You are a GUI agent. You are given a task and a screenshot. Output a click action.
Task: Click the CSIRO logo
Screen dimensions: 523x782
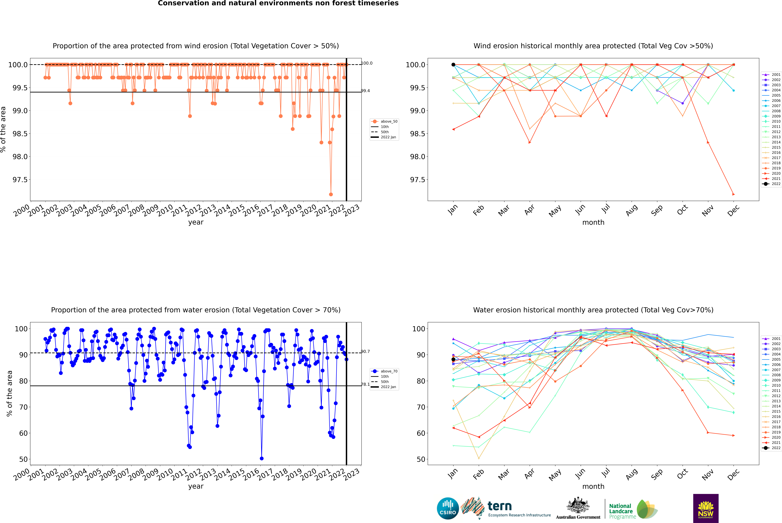[448, 508]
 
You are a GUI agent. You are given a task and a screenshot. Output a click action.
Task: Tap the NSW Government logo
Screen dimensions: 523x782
[706, 508]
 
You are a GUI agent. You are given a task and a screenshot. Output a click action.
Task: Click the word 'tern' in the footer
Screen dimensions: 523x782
[499, 506]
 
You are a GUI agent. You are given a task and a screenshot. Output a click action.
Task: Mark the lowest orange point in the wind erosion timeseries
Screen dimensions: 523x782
[331, 194]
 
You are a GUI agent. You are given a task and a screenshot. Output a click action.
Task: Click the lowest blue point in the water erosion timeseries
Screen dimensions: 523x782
[262, 459]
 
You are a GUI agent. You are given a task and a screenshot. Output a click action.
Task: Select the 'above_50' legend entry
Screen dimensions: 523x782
[389, 121]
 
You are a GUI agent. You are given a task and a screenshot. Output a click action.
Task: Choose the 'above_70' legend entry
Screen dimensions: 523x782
[389, 371]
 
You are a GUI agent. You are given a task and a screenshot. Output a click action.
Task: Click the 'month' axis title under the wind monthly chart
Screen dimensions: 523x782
[593, 223]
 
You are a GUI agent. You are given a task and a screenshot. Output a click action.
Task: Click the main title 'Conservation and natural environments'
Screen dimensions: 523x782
[278, 3]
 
